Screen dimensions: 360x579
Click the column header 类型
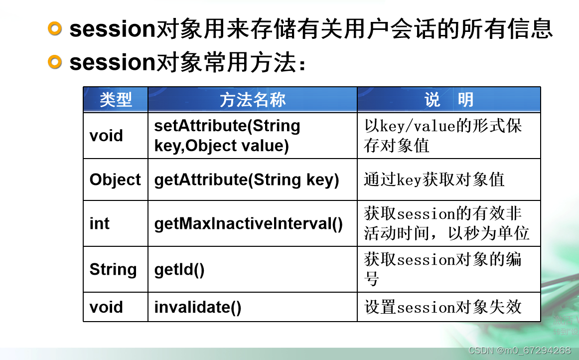pos(116,100)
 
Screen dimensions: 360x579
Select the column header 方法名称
pos(253,100)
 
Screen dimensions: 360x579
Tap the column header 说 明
pos(448,100)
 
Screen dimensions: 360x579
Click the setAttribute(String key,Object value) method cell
pos(227,136)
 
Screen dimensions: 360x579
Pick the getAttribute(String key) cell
pos(247,180)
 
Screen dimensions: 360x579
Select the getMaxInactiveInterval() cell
pos(249,223)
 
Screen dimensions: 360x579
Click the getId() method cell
pos(179,270)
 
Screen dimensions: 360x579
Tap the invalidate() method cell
pos(198,307)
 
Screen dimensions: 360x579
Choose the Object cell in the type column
pos(115,180)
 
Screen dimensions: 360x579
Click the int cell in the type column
pos(99,223)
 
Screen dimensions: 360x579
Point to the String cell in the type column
pos(113,269)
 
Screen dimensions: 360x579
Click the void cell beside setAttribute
pos(106,136)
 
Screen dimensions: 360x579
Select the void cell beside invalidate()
pos(106,307)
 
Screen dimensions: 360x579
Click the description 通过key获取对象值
pos(434,180)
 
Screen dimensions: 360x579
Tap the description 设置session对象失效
pos(442,307)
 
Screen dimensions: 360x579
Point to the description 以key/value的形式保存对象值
pos(442,136)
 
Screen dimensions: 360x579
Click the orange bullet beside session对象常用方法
pos(55,62)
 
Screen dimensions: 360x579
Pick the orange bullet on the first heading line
pos(55,29)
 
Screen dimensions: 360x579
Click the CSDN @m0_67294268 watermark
pos(520,350)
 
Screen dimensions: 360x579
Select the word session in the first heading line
pos(113,29)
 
